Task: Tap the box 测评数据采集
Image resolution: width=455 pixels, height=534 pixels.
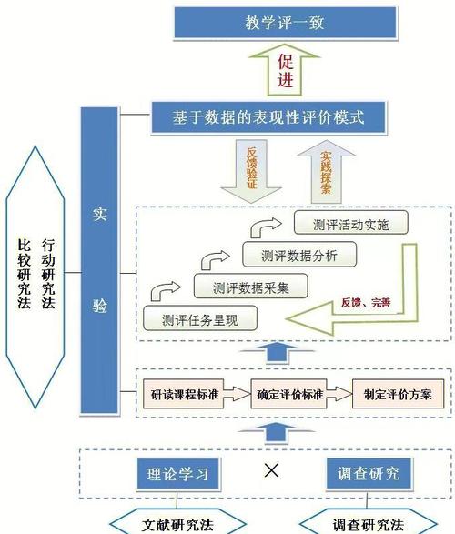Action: (x=249, y=287)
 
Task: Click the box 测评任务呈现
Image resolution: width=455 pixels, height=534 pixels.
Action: (x=199, y=318)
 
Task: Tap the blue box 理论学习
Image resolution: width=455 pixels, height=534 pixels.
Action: (x=178, y=474)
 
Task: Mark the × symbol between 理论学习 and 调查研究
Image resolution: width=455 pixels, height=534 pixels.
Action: (x=270, y=469)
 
